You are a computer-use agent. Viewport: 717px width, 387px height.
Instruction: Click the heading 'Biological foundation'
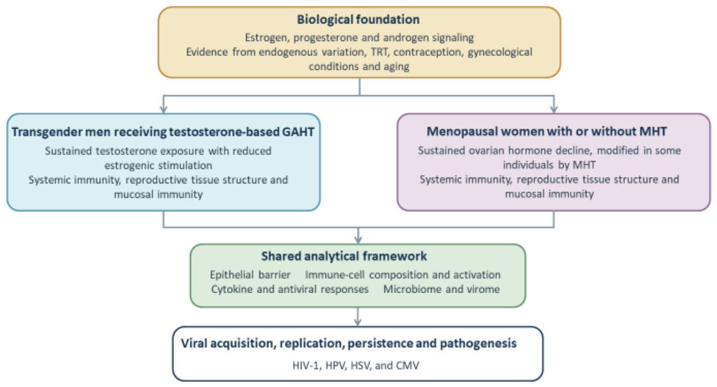pyautogui.click(x=358, y=20)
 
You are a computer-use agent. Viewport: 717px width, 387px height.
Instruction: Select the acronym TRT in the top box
pyautogui.click(x=379, y=52)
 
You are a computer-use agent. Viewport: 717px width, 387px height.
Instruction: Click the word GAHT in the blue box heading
pyautogui.click(x=298, y=132)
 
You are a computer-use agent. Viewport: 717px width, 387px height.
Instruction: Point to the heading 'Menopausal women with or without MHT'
pyautogui.click(x=546, y=132)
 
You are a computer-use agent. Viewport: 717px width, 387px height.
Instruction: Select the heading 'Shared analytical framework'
pyautogui.click(x=344, y=256)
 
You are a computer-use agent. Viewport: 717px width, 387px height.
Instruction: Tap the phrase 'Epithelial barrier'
pyautogui.click(x=250, y=275)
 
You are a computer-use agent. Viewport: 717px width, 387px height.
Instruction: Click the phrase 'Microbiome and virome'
pyautogui.click(x=441, y=289)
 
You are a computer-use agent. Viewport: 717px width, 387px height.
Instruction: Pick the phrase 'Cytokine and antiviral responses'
pyautogui.click(x=290, y=289)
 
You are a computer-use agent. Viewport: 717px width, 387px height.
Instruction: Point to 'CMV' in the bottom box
pyautogui.click(x=408, y=365)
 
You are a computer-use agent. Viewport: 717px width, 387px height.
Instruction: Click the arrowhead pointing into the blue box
pyautogui.click(x=164, y=109)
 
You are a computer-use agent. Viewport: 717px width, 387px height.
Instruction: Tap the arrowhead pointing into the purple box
pyautogui.click(x=554, y=109)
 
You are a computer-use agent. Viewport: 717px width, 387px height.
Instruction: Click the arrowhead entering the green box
pyautogui.click(x=358, y=239)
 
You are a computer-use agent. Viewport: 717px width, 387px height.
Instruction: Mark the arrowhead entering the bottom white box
pyautogui.click(x=358, y=322)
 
